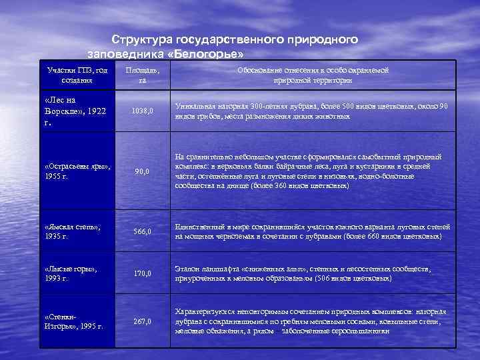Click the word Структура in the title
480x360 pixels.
(141, 39)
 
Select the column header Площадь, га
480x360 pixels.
(143, 75)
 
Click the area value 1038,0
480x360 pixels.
(142, 111)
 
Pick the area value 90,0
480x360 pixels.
(142, 171)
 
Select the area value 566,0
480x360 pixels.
(142, 231)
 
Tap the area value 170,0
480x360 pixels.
(142, 273)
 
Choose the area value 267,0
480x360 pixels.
(142, 321)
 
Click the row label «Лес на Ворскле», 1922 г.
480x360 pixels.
(75, 111)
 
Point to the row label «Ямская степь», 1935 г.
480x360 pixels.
(73, 231)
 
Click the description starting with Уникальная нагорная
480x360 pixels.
(311, 111)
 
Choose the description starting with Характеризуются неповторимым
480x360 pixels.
(311, 321)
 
